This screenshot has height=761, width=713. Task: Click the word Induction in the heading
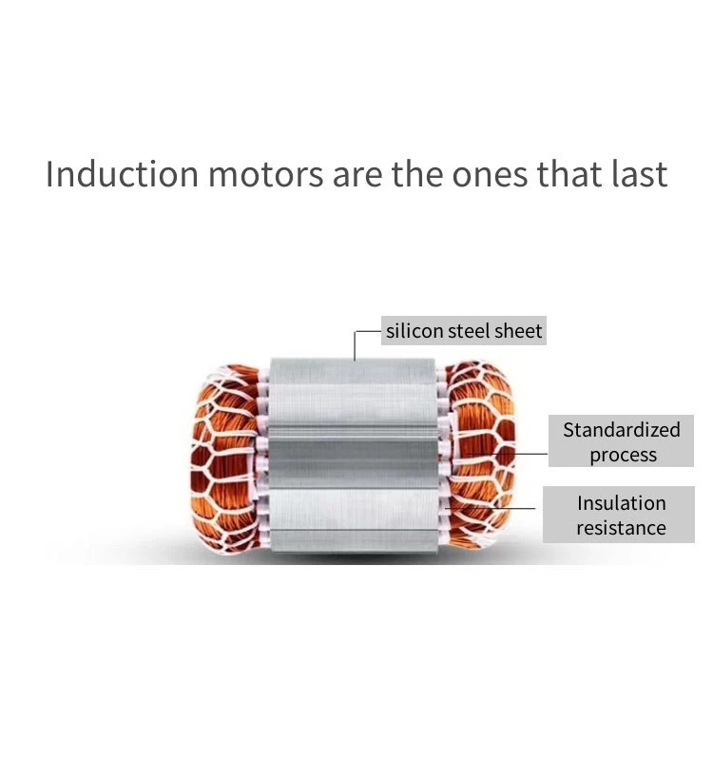pos(123,173)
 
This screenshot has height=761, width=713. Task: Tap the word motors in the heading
pos(266,174)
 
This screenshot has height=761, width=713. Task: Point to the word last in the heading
pos(639,173)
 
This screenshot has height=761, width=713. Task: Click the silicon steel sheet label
pos(464,330)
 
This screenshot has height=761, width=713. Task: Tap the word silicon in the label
pos(414,330)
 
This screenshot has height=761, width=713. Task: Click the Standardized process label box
pos(621,440)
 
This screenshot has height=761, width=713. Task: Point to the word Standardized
pos(622,430)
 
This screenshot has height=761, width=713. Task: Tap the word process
pos(624,456)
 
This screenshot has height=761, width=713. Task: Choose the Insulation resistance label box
pos(619,515)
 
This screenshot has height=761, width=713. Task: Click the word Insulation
pos(622,503)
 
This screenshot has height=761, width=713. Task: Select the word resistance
pos(622,528)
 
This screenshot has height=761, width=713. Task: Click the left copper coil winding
pos(225,459)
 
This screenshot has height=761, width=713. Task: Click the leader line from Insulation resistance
pos(491,508)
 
